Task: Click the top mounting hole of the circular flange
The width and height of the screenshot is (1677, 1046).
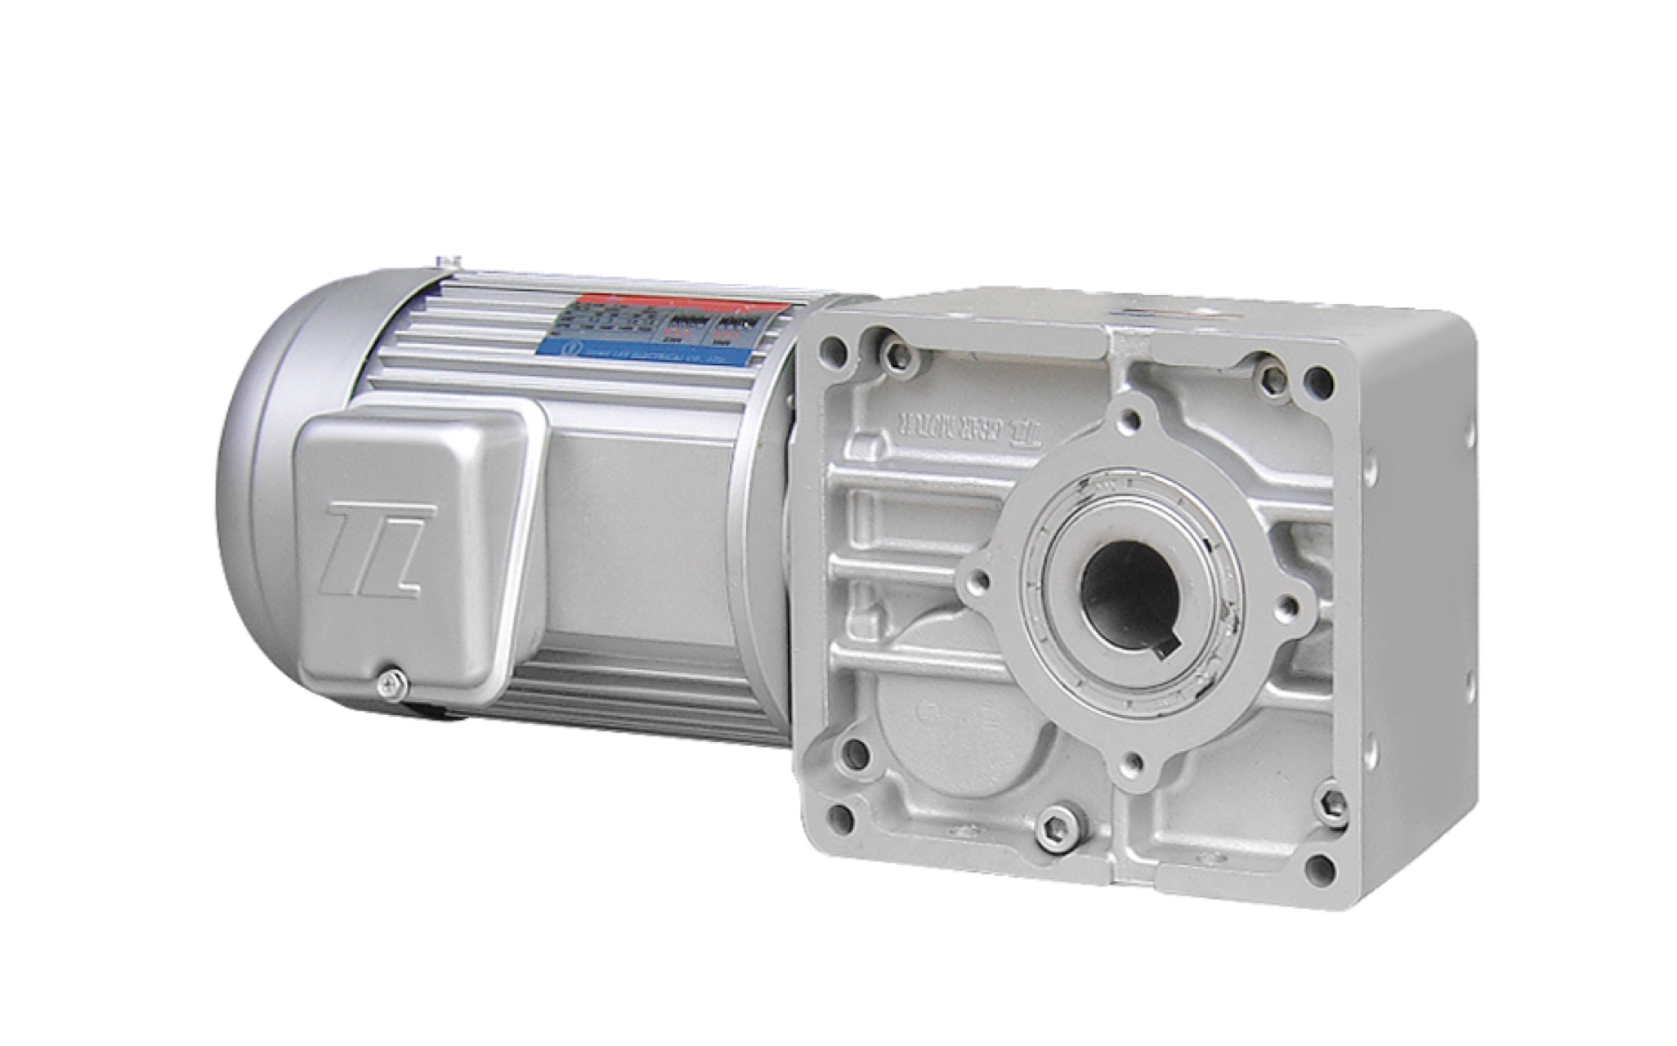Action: point(1130,419)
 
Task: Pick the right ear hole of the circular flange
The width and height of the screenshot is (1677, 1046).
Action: point(1286,606)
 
